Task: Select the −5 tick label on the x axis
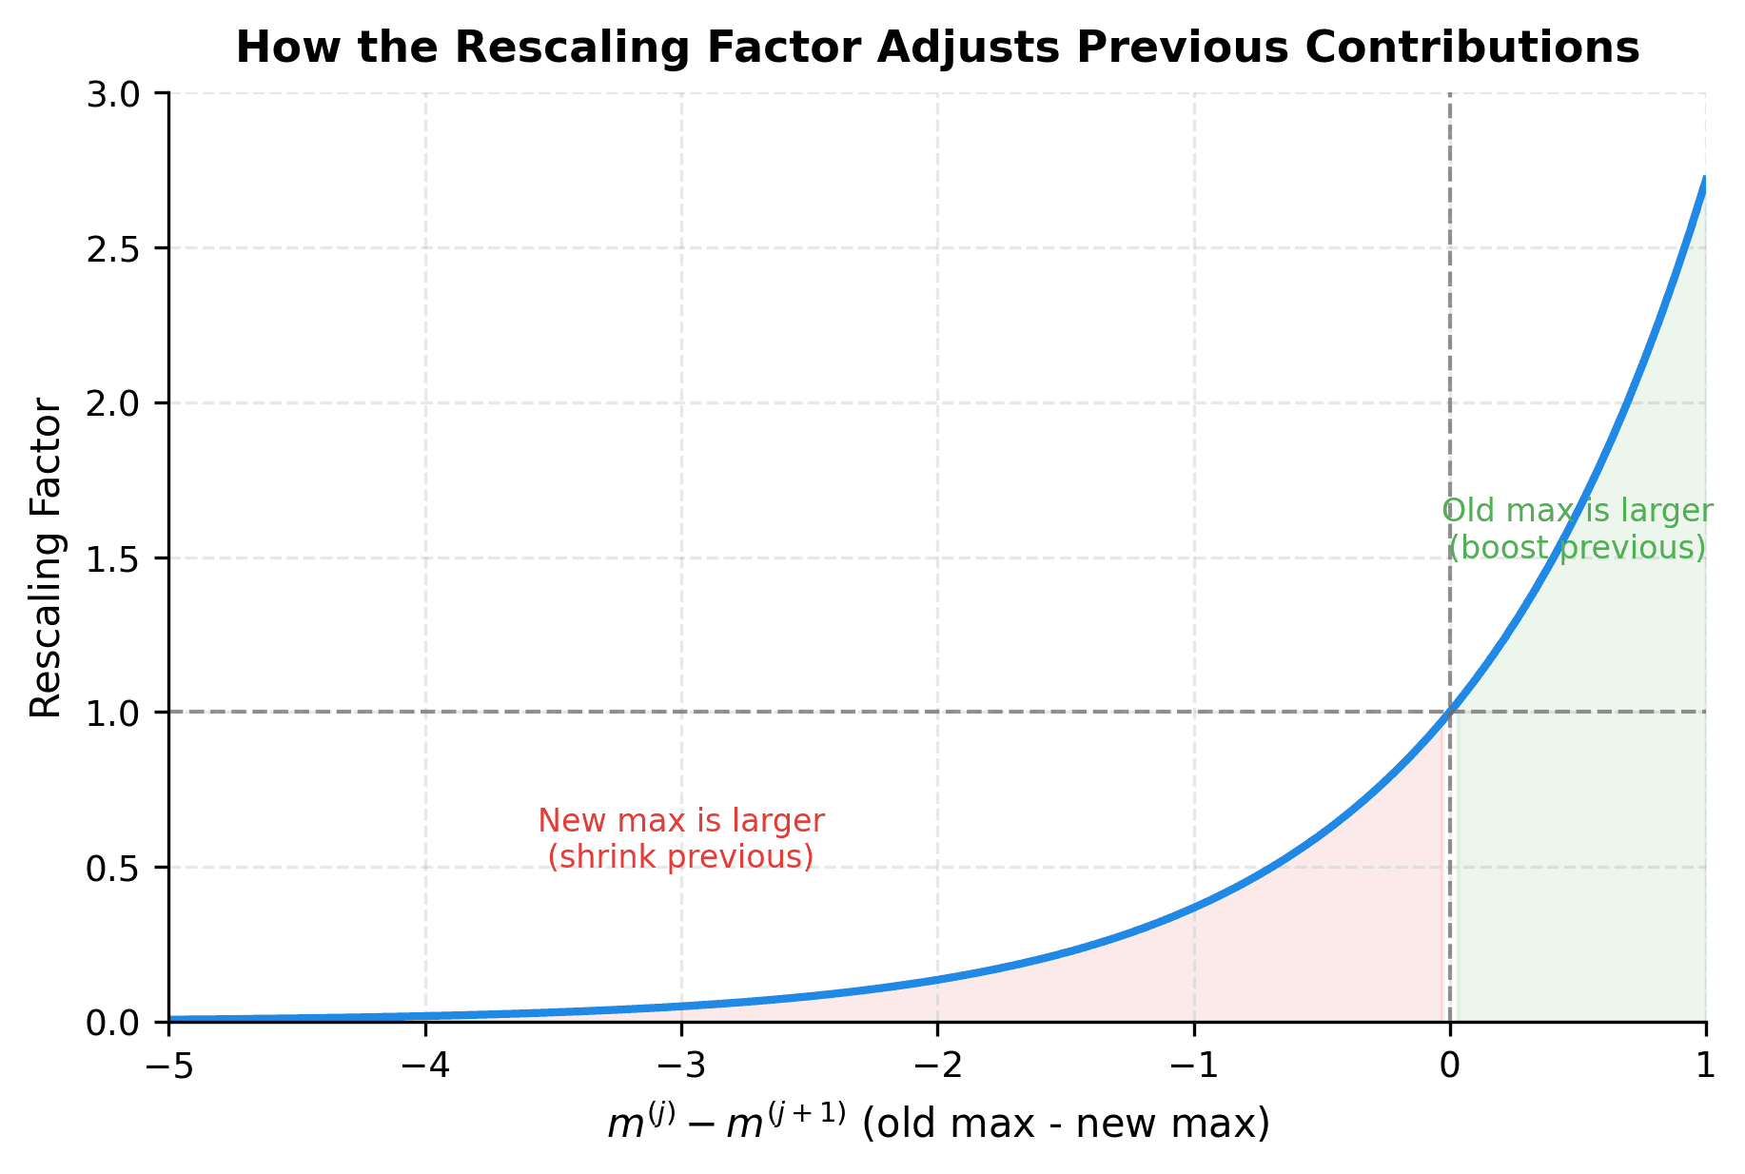(169, 1066)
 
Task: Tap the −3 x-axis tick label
(681, 1066)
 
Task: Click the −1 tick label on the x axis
(1193, 1066)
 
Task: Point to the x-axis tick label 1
(1706, 1066)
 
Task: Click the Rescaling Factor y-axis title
(46, 558)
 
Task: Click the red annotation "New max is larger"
(681, 820)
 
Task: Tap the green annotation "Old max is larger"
(1578, 512)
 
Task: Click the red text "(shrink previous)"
(681, 857)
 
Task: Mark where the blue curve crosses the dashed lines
(1450, 713)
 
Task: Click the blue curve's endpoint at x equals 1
(1705, 179)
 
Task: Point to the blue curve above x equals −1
(1194, 908)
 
